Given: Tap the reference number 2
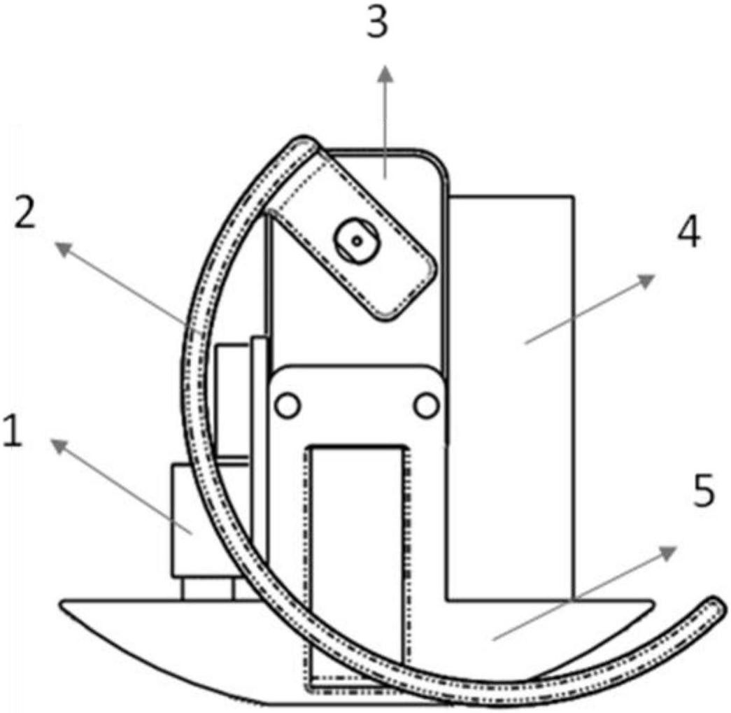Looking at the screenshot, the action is [25, 213].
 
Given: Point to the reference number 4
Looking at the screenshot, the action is [688, 232].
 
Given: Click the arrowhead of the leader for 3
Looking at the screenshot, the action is [385, 74].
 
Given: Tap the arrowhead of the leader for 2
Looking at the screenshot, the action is [64, 248].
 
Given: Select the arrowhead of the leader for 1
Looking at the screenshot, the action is [59, 446].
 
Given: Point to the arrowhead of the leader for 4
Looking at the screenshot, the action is [646, 281].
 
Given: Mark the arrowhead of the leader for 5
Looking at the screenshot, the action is [668, 552].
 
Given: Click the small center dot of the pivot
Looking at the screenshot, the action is [357, 241].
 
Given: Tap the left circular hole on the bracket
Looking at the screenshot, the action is [288, 405].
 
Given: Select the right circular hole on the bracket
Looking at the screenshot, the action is [426, 405].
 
